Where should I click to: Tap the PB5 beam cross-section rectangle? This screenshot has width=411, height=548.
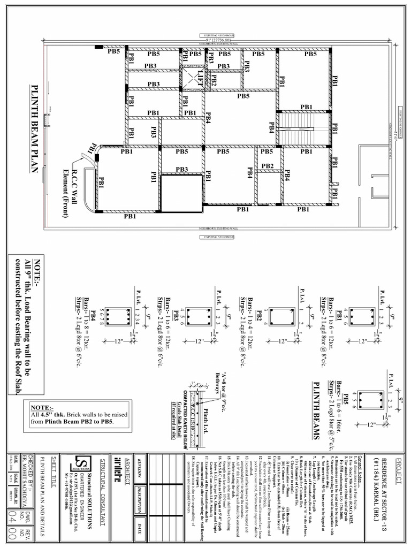pyautogui.click(x=368, y=399)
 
